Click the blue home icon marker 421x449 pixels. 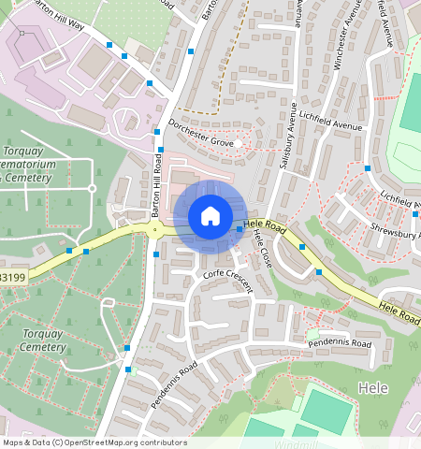(210, 216)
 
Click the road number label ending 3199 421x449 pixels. (12, 278)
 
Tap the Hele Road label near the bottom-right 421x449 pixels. (399, 313)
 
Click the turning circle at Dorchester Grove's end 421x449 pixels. (239, 143)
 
